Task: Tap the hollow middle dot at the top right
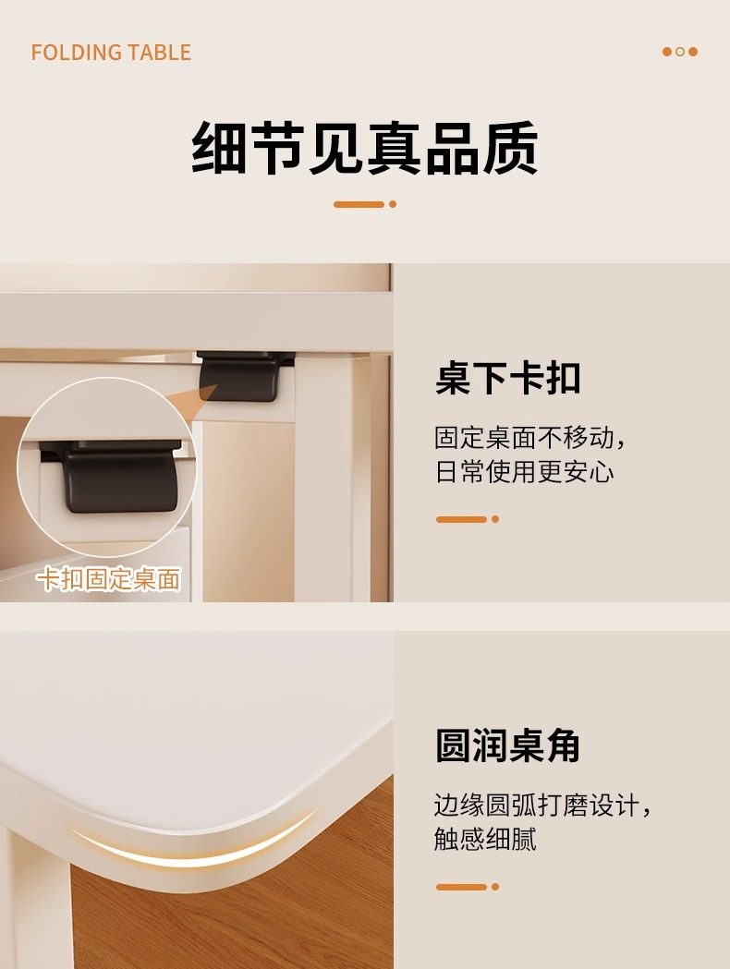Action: (680, 52)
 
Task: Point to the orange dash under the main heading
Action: (365, 204)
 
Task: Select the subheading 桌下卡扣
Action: (508, 378)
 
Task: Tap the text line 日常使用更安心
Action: (524, 471)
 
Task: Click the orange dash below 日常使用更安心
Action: (468, 519)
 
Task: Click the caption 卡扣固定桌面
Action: (109, 579)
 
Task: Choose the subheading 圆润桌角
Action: (508, 745)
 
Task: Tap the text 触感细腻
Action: (485, 839)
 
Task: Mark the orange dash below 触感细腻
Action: (468, 887)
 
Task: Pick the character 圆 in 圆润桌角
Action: (453, 745)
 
